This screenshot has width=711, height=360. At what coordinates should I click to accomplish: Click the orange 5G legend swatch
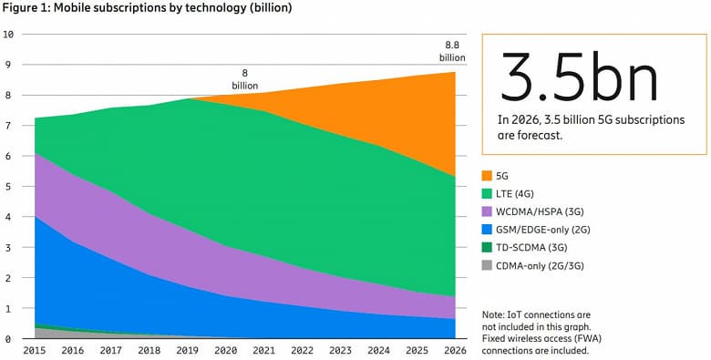tap(487, 174)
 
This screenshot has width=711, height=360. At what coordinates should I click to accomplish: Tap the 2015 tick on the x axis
tap(35, 351)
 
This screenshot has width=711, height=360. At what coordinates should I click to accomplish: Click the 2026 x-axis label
tap(454, 351)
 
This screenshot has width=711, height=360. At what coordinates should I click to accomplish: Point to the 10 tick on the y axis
tap(8, 35)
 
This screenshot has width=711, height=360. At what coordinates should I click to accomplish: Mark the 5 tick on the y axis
tap(8, 187)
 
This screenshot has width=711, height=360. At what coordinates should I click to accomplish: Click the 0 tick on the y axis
tap(8, 339)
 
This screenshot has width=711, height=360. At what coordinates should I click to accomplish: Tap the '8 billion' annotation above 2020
tap(245, 79)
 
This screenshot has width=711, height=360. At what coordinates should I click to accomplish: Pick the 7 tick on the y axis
tap(8, 126)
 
